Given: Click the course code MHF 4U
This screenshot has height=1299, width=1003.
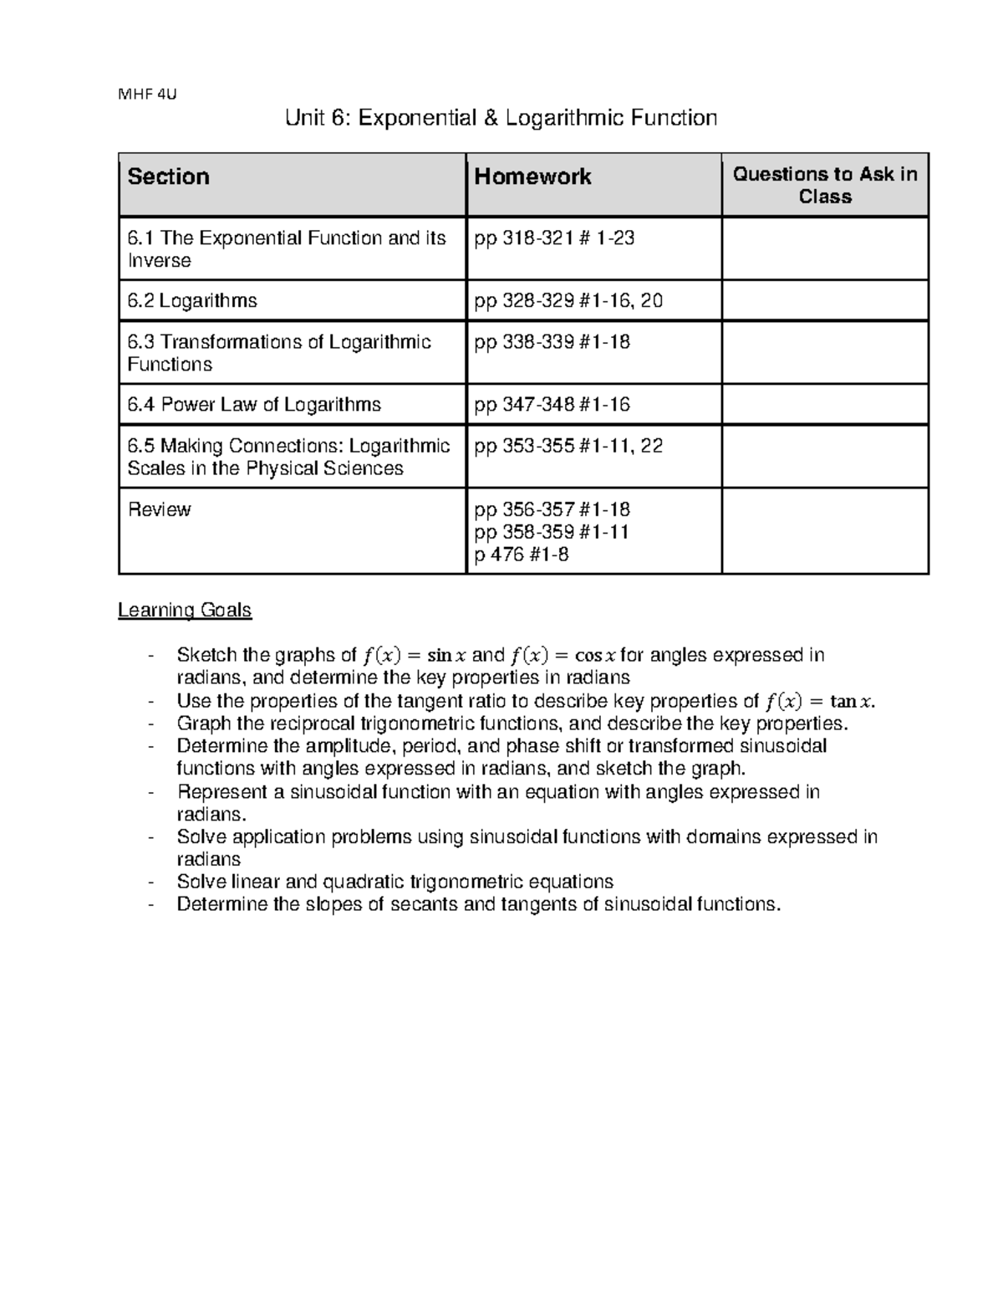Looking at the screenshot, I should (x=148, y=94).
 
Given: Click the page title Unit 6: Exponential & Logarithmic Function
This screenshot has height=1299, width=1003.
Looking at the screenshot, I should (x=501, y=118).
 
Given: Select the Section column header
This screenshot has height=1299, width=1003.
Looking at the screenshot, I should (x=168, y=176).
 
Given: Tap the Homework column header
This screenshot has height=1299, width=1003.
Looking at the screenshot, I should (x=532, y=176).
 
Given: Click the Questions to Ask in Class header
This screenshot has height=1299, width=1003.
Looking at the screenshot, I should (x=825, y=185).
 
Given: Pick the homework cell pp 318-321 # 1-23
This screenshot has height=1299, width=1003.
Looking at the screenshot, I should (x=554, y=238).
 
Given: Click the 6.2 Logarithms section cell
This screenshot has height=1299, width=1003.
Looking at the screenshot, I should (x=192, y=300).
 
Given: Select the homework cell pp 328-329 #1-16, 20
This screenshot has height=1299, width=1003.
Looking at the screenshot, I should (x=568, y=300).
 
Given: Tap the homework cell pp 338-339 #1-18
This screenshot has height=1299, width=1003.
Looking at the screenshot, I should (x=552, y=342).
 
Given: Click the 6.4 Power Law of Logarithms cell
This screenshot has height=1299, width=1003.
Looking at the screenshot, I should (x=254, y=405).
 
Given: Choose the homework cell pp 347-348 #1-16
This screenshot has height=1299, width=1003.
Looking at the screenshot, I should (x=552, y=405).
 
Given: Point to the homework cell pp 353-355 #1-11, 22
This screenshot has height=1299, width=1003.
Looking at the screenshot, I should (x=568, y=446).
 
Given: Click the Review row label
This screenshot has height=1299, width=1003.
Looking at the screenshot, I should (x=159, y=509).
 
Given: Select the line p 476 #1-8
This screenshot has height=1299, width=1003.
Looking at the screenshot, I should (x=522, y=554).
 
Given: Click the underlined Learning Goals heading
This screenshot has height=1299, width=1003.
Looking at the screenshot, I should (x=185, y=611).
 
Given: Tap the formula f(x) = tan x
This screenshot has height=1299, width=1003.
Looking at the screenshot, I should (x=820, y=701).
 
